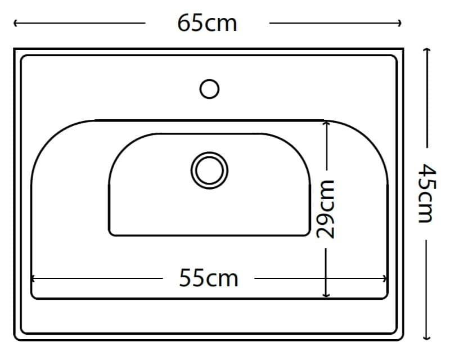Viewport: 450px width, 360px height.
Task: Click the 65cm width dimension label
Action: coord(207,23)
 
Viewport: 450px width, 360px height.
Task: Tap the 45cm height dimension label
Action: coord(427,193)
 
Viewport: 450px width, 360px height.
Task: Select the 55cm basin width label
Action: coord(209,278)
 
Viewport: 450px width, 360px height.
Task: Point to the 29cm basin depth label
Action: coord(326,209)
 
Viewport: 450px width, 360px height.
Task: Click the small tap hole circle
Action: coord(209,89)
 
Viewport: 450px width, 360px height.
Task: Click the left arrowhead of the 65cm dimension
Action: coord(16,23)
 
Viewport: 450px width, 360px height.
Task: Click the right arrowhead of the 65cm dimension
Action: coord(399,23)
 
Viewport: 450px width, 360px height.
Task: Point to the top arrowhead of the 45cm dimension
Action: coord(427,49)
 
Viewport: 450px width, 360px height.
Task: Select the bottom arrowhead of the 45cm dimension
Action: coord(427,337)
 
